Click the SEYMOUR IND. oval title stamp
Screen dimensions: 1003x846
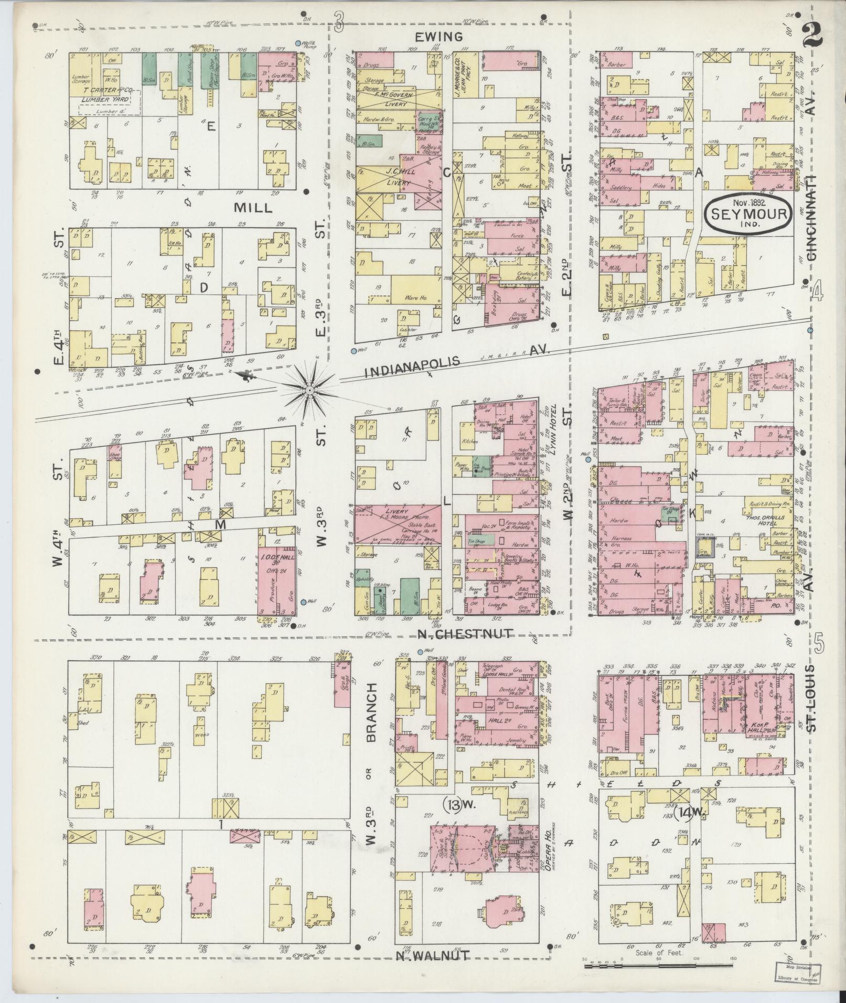coord(747,214)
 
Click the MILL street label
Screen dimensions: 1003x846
coord(253,208)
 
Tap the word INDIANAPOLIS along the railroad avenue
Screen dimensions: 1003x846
coord(412,367)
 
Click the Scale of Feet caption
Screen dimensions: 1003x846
coord(659,952)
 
